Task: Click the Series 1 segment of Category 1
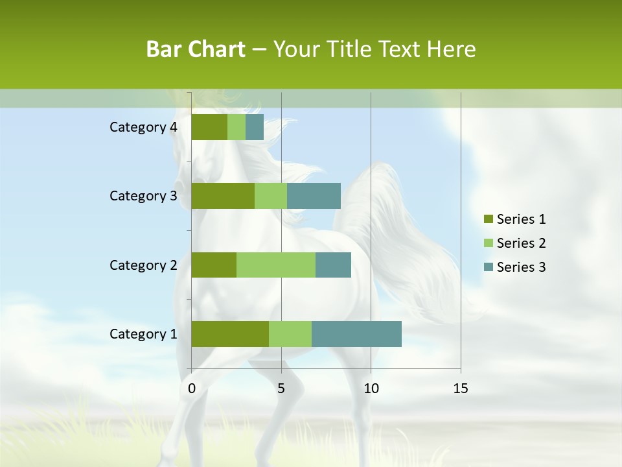(230, 334)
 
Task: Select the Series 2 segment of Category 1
(290, 334)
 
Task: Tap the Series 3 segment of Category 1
(356, 334)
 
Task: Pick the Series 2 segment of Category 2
(276, 265)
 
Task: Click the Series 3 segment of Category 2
(333, 265)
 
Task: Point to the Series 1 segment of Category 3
(223, 196)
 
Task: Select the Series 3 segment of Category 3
(314, 196)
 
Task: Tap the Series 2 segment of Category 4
(236, 127)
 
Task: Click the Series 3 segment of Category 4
(255, 127)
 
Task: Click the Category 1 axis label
(143, 334)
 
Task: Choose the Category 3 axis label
(143, 196)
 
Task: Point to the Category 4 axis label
(143, 127)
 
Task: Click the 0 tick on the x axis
(192, 389)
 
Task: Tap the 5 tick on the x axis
(281, 389)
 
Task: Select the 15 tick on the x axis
(460, 389)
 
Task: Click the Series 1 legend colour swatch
(488, 219)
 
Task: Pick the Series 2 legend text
(521, 243)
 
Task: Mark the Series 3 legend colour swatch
(488, 267)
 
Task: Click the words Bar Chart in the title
(196, 49)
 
